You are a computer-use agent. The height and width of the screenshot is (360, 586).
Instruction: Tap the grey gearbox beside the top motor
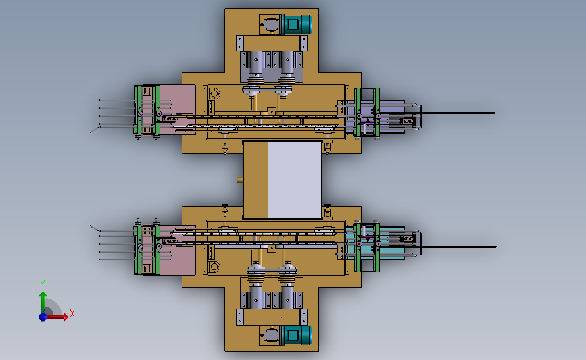[271, 25]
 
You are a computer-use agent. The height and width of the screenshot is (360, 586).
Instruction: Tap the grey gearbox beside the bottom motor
[271, 335]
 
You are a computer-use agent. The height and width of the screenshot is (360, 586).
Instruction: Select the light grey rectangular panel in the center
[295, 180]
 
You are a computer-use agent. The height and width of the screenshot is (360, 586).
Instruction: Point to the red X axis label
[72, 313]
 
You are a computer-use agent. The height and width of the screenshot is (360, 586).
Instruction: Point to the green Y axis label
[43, 284]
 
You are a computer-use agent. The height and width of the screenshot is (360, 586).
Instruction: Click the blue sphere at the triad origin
[43, 317]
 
